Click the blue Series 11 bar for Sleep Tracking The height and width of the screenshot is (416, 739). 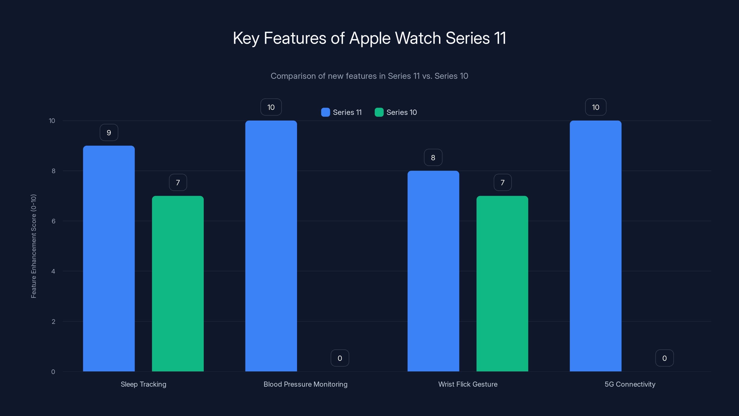[x=109, y=258]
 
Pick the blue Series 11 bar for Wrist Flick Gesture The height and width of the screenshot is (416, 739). [x=433, y=271]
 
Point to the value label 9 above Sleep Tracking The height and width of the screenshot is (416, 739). [x=109, y=133]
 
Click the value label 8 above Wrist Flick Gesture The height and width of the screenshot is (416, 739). [x=433, y=158]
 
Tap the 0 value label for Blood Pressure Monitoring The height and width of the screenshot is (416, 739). [x=340, y=358]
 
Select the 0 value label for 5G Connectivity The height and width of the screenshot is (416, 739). [x=664, y=358]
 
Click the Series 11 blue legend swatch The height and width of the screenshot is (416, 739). [x=326, y=112]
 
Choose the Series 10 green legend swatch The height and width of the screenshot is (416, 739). [x=379, y=112]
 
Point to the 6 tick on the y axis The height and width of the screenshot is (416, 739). [x=53, y=221]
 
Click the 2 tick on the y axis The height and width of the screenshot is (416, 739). [x=53, y=321]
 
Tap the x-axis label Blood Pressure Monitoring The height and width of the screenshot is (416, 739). [x=306, y=384]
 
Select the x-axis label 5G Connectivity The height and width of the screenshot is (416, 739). [x=630, y=384]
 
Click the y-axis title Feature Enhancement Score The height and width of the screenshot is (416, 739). [x=33, y=246]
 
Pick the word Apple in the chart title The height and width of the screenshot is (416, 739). [x=370, y=38]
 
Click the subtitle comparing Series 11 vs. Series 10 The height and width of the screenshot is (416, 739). [x=369, y=76]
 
